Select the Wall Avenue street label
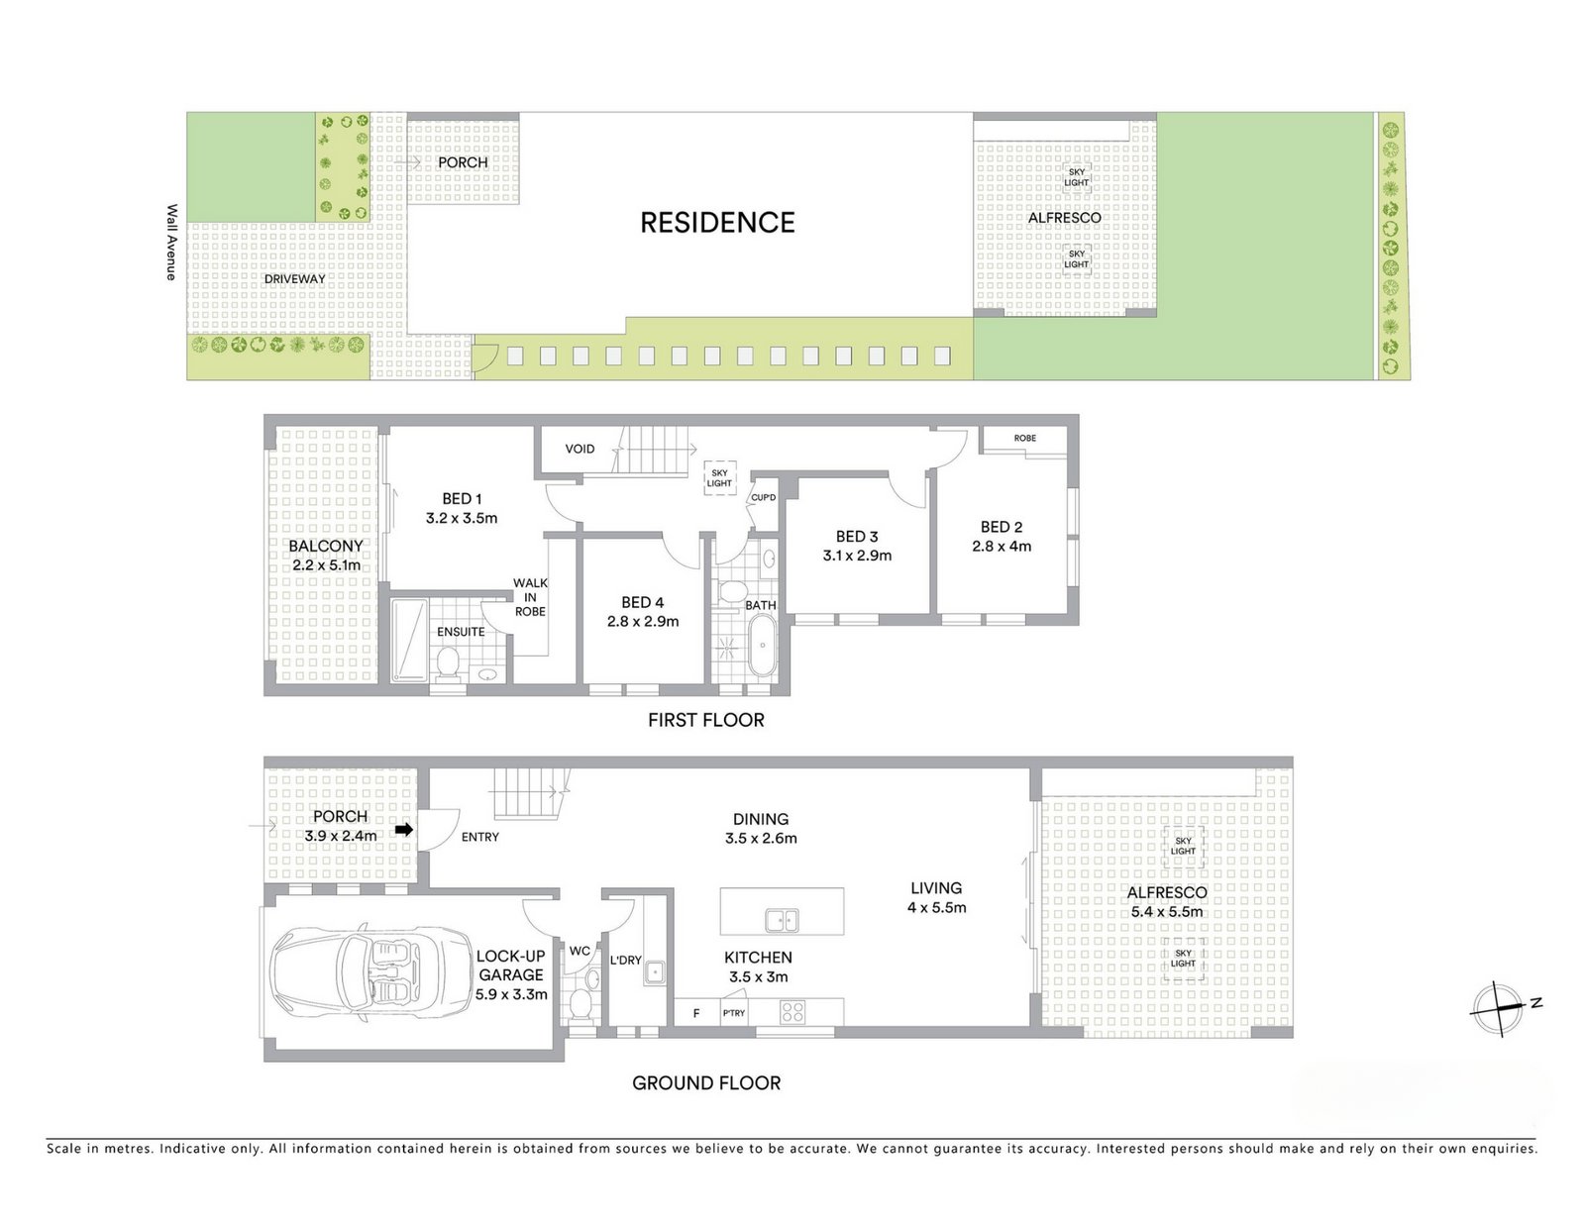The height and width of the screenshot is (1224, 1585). pyautogui.click(x=171, y=242)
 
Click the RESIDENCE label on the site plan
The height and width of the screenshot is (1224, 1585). pyautogui.click(x=717, y=223)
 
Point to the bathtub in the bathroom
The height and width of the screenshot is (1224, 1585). pyautogui.click(x=763, y=645)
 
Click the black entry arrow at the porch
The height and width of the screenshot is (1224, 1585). pyautogui.click(x=404, y=830)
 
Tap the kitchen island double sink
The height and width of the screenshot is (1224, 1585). pyautogui.click(x=782, y=921)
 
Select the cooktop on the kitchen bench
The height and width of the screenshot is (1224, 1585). pyautogui.click(x=792, y=1013)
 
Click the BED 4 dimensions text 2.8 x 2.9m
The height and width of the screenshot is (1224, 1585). pyautogui.click(x=643, y=622)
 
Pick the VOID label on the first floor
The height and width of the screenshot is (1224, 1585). pyautogui.click(x=580, y=449)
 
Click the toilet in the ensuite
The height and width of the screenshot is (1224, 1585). pyautogui.click(x=447, y=664)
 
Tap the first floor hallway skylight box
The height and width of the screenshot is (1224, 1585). pyautogui.click(x=719, y=478)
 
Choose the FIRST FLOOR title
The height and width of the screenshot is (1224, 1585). pyautogui.click(x=706, y=720)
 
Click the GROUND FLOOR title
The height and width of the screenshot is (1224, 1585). pyautogui.click(x=706, y=1083)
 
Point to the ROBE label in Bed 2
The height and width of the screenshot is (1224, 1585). pyautogui.click(x=1025, y=438)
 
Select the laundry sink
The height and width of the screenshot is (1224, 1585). pyautogui.click(x=654, y=972)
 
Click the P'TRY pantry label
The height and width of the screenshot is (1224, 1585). pyautogui.click(x=734, y=1013)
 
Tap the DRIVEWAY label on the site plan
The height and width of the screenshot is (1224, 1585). pyautogui.click(x=294, y=279)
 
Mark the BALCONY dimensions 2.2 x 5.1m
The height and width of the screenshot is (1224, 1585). pyautogui.click(x=326, y=565)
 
